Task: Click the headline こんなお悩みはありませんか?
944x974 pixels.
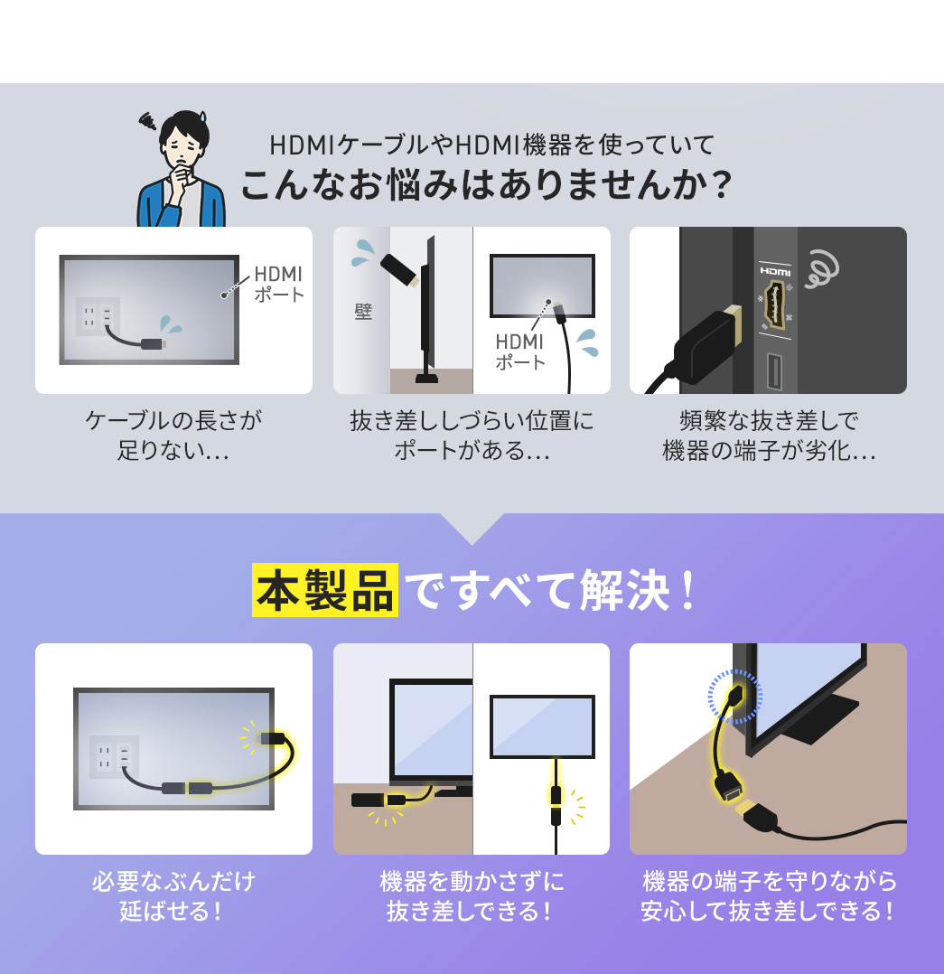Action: coord(485,185)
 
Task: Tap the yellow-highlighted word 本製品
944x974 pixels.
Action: coord(325,590)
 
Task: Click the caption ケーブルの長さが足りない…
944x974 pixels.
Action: coord(173,435)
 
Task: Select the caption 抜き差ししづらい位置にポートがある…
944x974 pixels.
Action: coord(472,435)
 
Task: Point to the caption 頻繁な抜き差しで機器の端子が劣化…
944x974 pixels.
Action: coord(769,435)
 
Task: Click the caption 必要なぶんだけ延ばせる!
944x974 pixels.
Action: coord(173,895)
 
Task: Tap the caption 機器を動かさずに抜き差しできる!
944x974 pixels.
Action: coord(472,895)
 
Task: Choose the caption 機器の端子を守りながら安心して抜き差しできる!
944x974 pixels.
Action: coord(769,895)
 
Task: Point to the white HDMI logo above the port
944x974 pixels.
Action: coord(775,270)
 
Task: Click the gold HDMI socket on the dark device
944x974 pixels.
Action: coord(775,305)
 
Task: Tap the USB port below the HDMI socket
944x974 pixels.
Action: coord(775,370)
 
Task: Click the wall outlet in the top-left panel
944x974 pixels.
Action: coord(98,316)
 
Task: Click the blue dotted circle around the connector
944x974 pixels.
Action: coord(735,697)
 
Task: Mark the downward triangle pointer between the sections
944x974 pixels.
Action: coord(472,529)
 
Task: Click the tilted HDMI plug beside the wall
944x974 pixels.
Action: coord(399,270)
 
